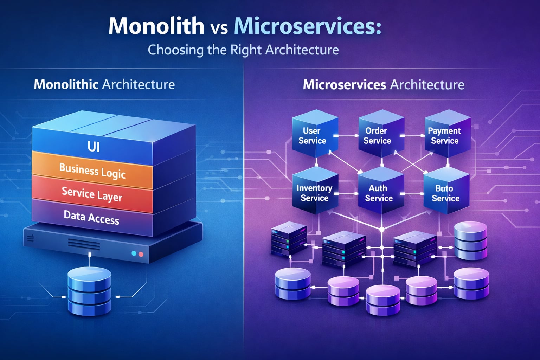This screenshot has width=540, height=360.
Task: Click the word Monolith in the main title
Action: point(156,26)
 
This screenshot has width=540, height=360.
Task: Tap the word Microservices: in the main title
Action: point(307,26)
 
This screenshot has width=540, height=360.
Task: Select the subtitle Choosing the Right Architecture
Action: point(243,50)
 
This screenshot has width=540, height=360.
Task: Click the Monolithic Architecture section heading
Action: point(104,85)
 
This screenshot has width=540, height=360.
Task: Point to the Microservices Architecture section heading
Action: point(384,85)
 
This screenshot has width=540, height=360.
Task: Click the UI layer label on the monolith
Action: point(94,146)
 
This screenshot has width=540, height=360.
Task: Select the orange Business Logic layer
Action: point(92,171)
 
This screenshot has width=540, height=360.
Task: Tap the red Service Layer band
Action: point(92,194)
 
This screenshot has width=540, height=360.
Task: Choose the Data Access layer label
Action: point(91,217)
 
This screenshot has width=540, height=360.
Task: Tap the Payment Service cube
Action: point(445,136)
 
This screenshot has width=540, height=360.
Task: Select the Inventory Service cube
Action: point(314,193)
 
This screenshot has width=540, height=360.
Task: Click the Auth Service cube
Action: point(379,193)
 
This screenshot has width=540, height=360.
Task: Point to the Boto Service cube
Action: point(445,193)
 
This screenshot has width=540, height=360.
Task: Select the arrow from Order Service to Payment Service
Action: point(412,136)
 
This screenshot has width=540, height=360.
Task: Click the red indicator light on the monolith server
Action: point(141,254)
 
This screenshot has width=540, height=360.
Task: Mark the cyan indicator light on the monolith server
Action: point(134,253)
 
